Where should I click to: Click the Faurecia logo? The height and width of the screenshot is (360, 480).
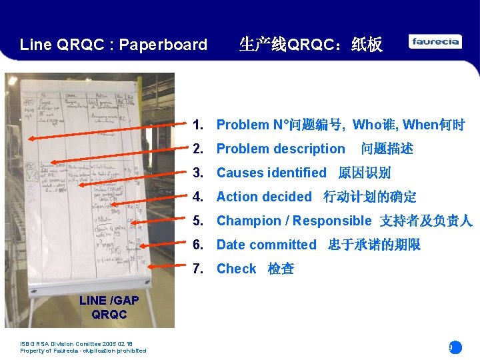coord(435,42)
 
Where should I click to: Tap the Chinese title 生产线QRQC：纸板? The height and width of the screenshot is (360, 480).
coord(311,45)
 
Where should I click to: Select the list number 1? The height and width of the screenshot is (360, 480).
coord(197,125)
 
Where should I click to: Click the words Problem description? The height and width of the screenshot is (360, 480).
coord(281,149)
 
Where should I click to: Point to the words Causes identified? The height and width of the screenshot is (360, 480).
coord(271,173)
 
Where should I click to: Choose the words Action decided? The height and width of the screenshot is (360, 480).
coord(264,197)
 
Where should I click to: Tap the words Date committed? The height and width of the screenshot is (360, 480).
coord(266,245)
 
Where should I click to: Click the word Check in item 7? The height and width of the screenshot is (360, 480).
coord(236,269)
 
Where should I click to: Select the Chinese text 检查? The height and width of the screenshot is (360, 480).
coord(281,269)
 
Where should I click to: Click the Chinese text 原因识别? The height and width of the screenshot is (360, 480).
coord(364,173)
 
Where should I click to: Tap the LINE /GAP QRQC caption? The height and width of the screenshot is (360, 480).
coord(109,307)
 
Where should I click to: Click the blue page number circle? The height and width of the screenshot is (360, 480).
coord(455,347)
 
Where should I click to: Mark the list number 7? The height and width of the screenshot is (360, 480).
coord(197,269)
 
